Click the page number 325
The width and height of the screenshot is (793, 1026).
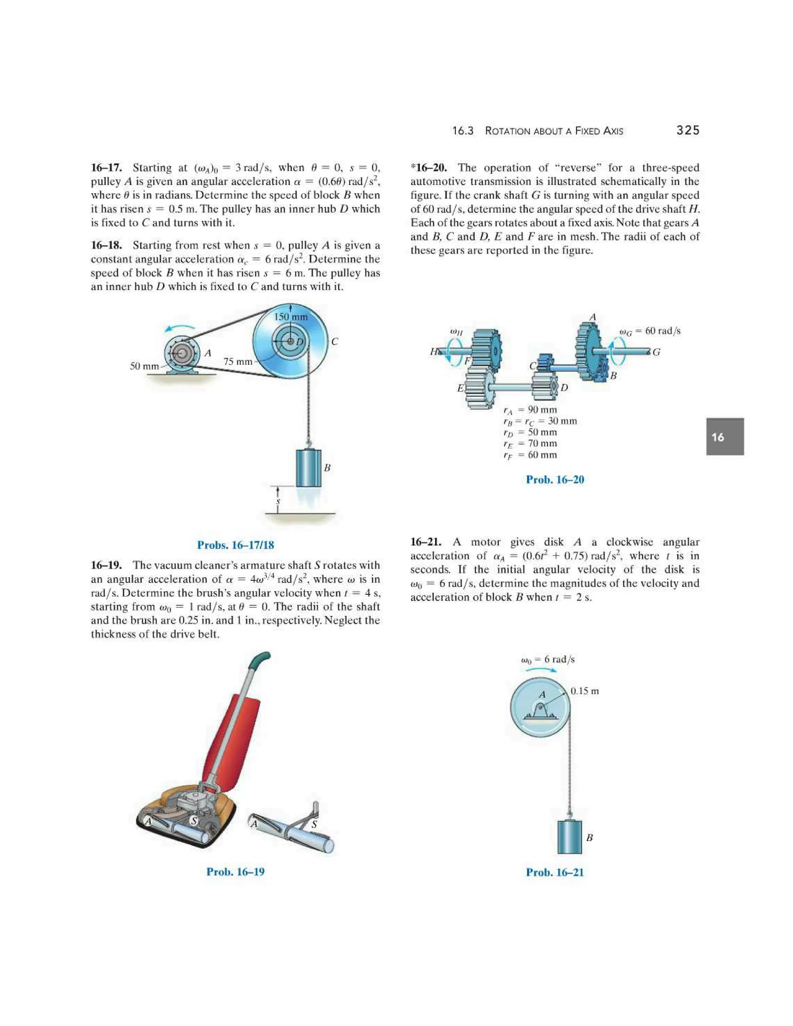(687, 130)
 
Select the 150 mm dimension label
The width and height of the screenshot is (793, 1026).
(290, 317)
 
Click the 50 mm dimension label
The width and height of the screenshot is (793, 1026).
(144, 365)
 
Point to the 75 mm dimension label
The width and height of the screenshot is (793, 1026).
(238, 361)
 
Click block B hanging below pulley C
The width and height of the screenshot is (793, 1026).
(308, 468)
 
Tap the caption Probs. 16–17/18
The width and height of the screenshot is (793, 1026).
(235, 545)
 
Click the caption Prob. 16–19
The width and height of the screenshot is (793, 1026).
(235, 872)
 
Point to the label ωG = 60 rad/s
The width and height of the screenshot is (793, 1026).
(650, 331)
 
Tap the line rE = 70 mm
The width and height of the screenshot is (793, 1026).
(529, 443)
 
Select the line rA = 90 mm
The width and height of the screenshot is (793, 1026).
(529, 410)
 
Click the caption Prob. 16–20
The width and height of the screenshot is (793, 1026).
(555, 480)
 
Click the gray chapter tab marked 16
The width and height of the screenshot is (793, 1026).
(724, 437)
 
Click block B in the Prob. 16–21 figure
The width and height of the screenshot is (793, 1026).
(569, 837)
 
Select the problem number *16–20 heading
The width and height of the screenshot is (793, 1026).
(429, 168)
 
